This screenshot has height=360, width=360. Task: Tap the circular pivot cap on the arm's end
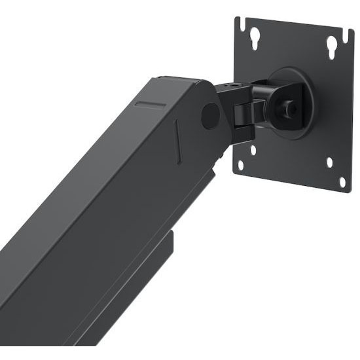[210, 115]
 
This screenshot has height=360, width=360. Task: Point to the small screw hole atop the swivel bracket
[233, 86]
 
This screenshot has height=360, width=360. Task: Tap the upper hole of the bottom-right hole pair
[329, 162]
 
